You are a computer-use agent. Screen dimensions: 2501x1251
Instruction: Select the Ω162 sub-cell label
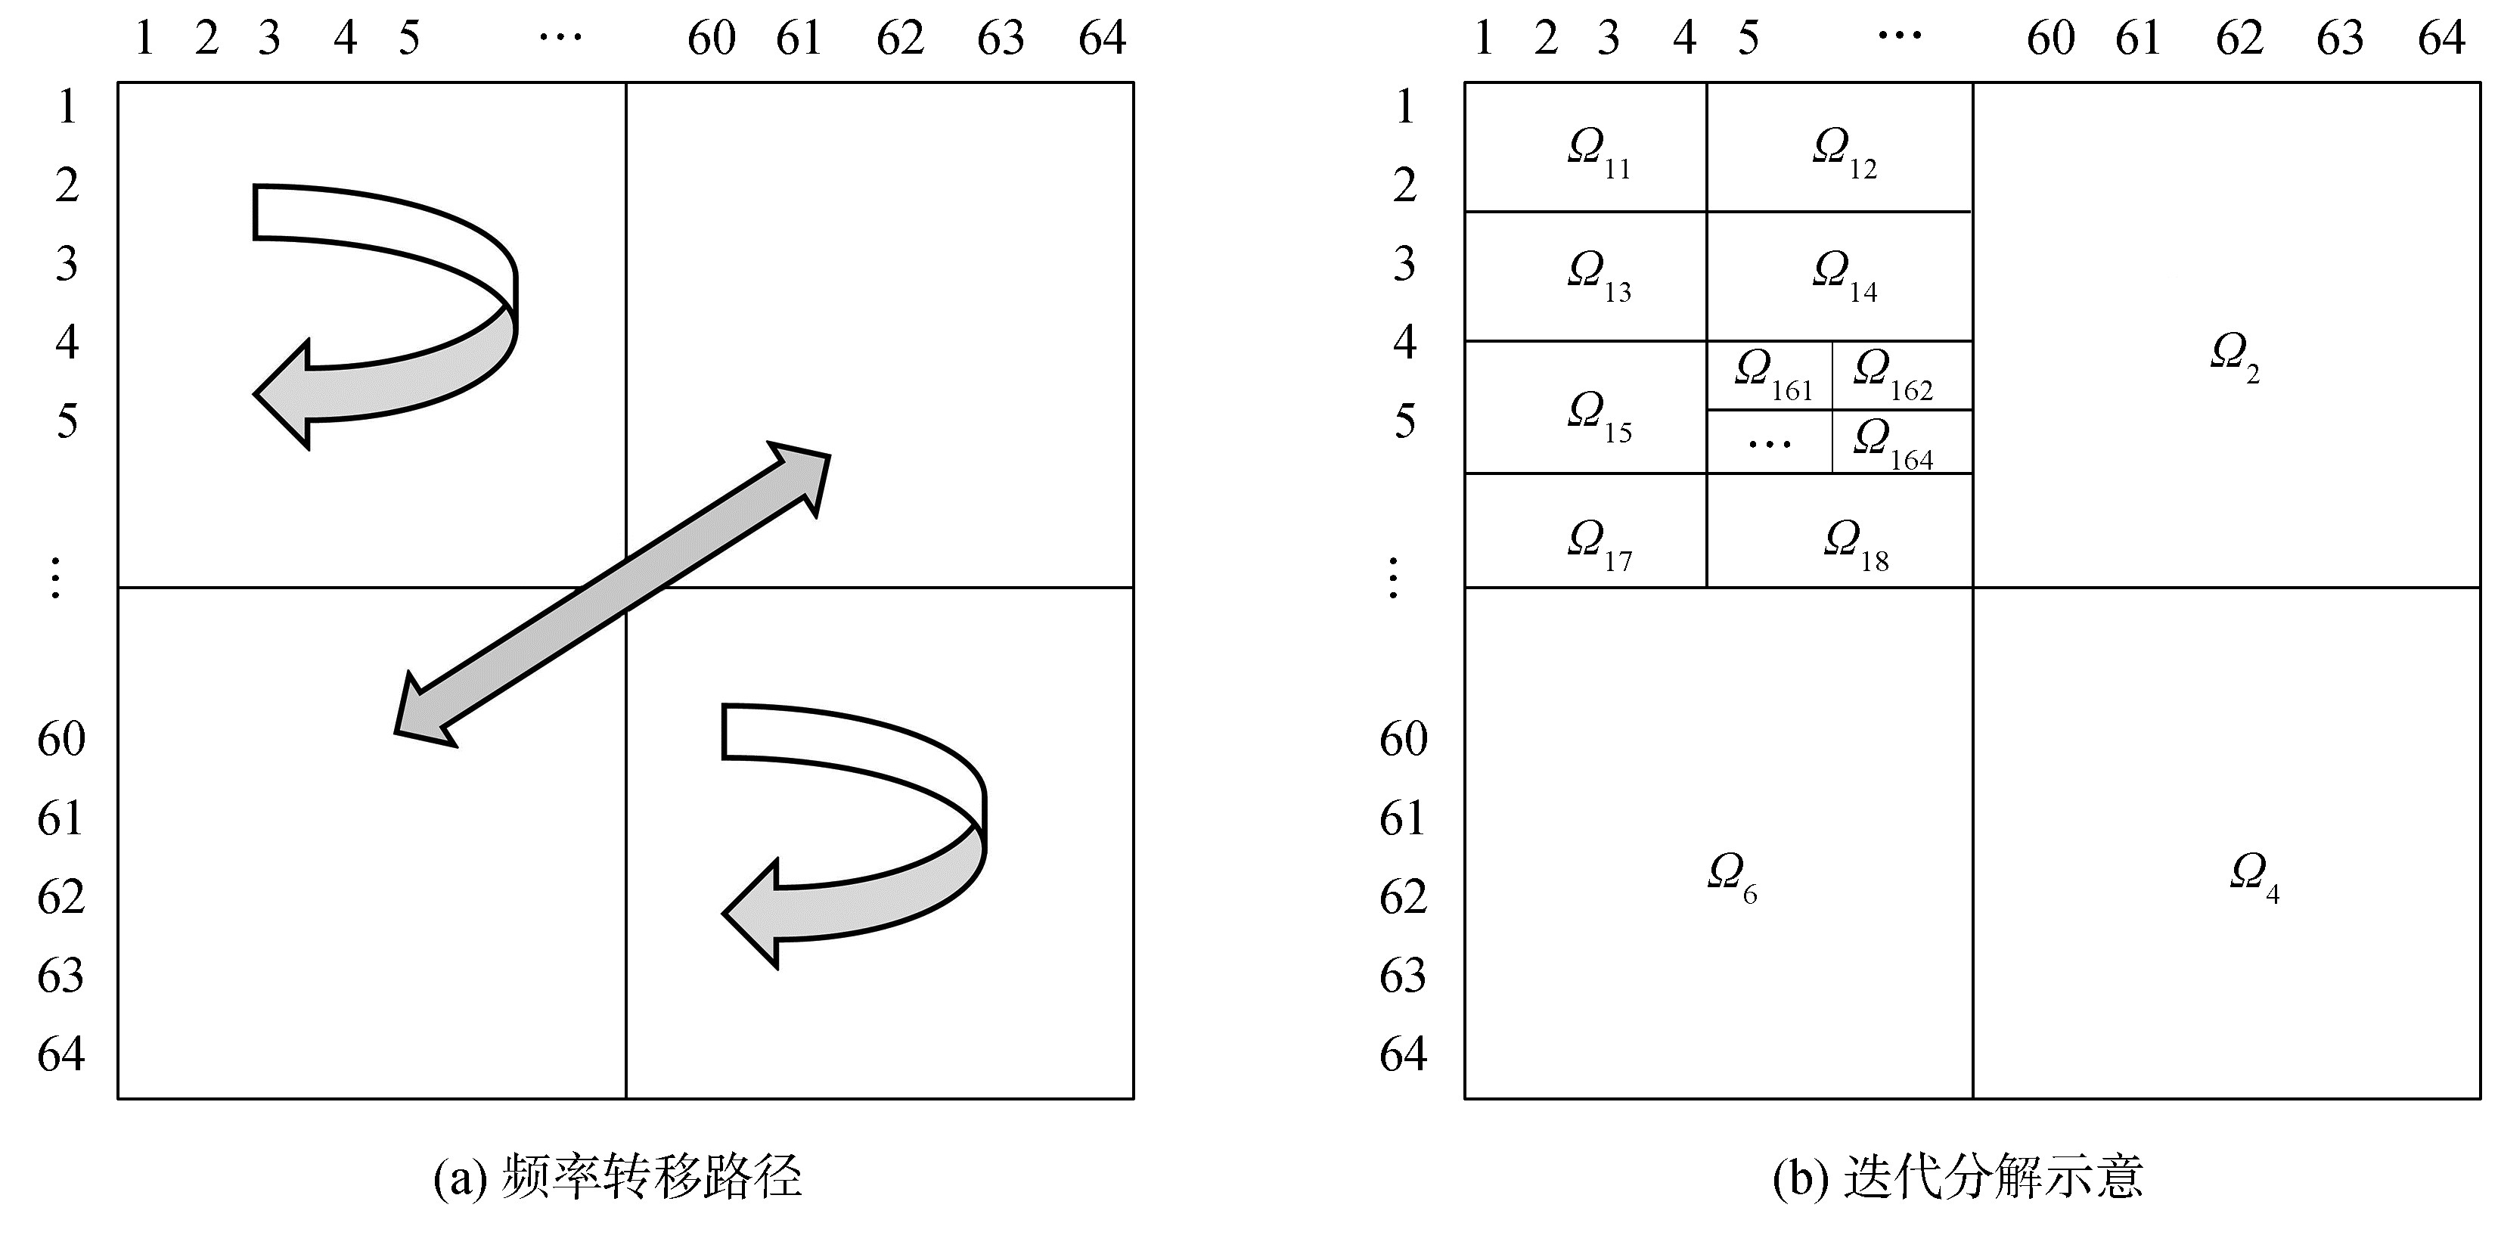(x=1892, y=374)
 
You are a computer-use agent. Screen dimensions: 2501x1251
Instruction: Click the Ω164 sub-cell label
(x=1892, y=444)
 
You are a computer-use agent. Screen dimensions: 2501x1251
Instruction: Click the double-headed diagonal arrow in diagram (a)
(x=613, y=594)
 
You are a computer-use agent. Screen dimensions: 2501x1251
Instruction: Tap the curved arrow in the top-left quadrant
(x=408, y=321)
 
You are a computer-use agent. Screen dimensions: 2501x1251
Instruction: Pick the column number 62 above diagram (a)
(x=900, y=39)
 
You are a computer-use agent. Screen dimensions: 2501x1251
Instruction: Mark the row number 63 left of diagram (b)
(x=1403, y=975)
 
